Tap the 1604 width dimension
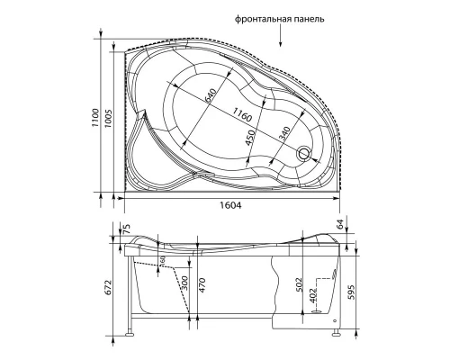[231, 203]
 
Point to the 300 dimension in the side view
[183, 282]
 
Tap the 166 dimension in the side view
[163, 261]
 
